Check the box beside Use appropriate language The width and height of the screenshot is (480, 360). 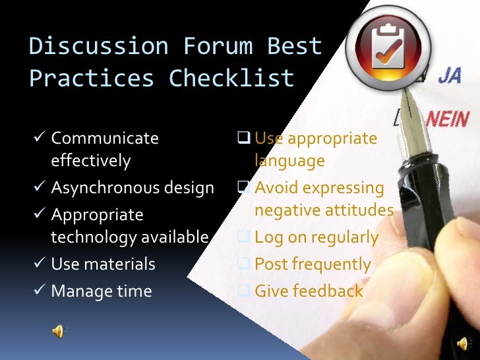(x=243, y=138)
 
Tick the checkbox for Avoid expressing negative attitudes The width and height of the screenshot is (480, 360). (x=243, y=188)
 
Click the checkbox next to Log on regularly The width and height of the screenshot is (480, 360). (x=243, y=237)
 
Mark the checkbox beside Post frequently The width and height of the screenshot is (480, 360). (x=243, y=264)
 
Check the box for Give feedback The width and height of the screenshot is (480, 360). (x=243, y=291)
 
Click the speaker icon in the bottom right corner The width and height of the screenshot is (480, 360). (x=464, y=343)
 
